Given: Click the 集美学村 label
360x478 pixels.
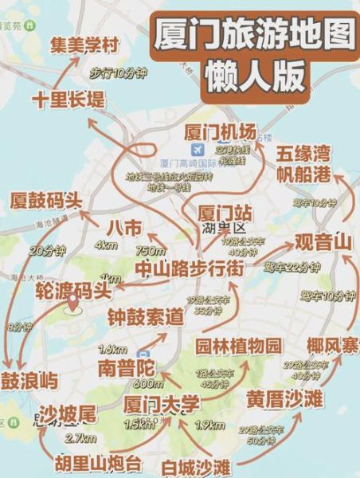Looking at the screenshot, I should (x=85, y=44).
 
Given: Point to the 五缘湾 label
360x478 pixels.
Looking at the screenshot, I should (x=303, y=154).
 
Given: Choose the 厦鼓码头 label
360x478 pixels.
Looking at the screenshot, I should (x=45, y=199).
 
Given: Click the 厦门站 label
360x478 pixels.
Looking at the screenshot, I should (x=225, y=214).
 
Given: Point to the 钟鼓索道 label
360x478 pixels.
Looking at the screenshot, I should (x=146, y=318).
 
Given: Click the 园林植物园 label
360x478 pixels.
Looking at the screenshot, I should (x=239, y=346).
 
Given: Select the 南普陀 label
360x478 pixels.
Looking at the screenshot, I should (x=129, y=368).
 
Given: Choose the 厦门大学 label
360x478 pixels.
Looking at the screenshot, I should (x=162, y=404).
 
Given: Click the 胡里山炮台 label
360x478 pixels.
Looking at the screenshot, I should (x=98, y=463).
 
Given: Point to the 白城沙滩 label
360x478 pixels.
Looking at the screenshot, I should (x=200, y=465).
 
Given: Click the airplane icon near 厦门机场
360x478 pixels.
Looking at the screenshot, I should (x=196, y=150).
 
